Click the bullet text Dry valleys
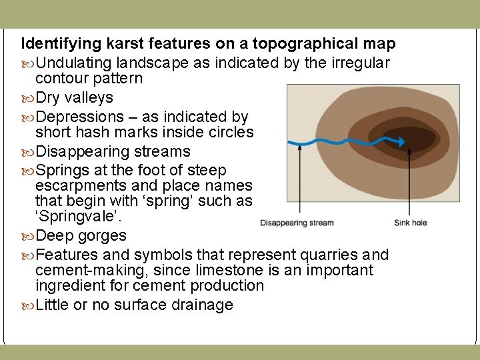[x=74, y=97]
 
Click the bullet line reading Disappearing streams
[x=113, y=151]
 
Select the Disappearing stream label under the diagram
[x=297, y=222]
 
